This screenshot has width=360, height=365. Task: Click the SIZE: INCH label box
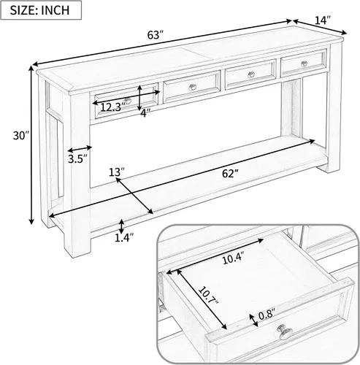[x=41, y=10]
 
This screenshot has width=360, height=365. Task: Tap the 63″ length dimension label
[x=156, y=35]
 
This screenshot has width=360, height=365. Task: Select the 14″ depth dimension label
[x=323, y=20]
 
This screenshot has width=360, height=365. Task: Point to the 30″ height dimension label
[x=21, y=136]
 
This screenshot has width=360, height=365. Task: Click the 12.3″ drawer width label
[x=112, y=107]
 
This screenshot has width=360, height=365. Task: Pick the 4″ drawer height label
[x=145, y=113]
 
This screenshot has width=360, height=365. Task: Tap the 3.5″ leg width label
[x=77, y=159]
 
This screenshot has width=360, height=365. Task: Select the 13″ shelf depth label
[x=117, y=172]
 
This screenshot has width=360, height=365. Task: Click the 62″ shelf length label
[x=230, y=174]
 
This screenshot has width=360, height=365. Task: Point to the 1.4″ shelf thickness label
[x=124, y=238]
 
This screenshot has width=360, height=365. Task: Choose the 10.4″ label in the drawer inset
[x=233, y=258]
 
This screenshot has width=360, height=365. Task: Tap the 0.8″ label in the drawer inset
[x=267, y=315]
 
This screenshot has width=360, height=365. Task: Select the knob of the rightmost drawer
[x=304, y=64]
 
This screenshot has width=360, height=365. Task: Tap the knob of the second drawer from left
[x=193, y=87]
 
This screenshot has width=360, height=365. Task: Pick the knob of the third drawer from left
[x=250, y=74]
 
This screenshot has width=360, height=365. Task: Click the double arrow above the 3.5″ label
[x=80, y=148]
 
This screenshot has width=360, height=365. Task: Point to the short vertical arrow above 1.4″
[x=121, y=226]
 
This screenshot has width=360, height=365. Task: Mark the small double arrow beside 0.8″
[x=254, y=320]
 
